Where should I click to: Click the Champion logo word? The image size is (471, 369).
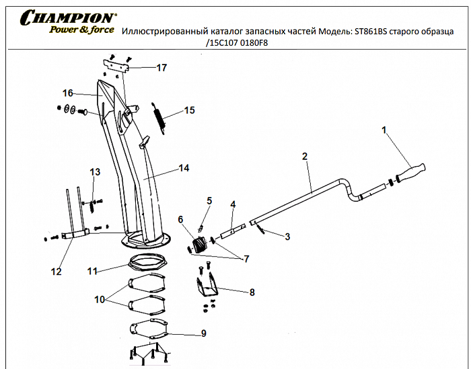click(68, 17)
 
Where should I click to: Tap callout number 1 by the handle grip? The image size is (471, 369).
click(384, 130)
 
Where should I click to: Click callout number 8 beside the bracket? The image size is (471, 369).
click(252, 292)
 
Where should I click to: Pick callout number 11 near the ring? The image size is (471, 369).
click(93, 271)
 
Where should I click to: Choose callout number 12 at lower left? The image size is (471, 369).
click(56, 272)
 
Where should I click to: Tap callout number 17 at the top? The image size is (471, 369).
click(161, 68)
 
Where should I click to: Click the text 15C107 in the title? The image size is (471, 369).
click(229, 43)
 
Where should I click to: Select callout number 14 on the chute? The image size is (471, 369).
click(184, 169)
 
